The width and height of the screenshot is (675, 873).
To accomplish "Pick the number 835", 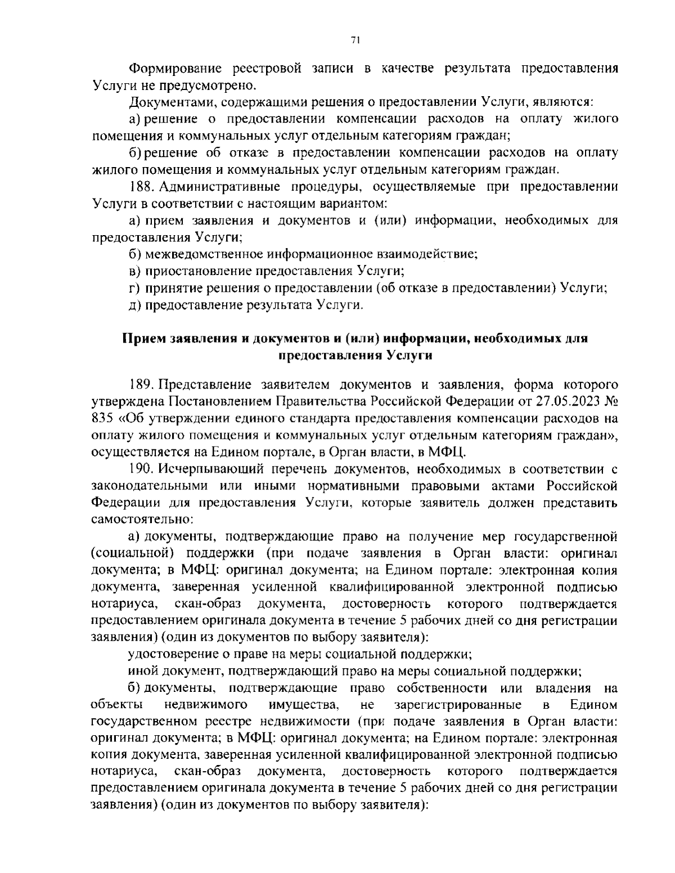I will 101,418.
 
